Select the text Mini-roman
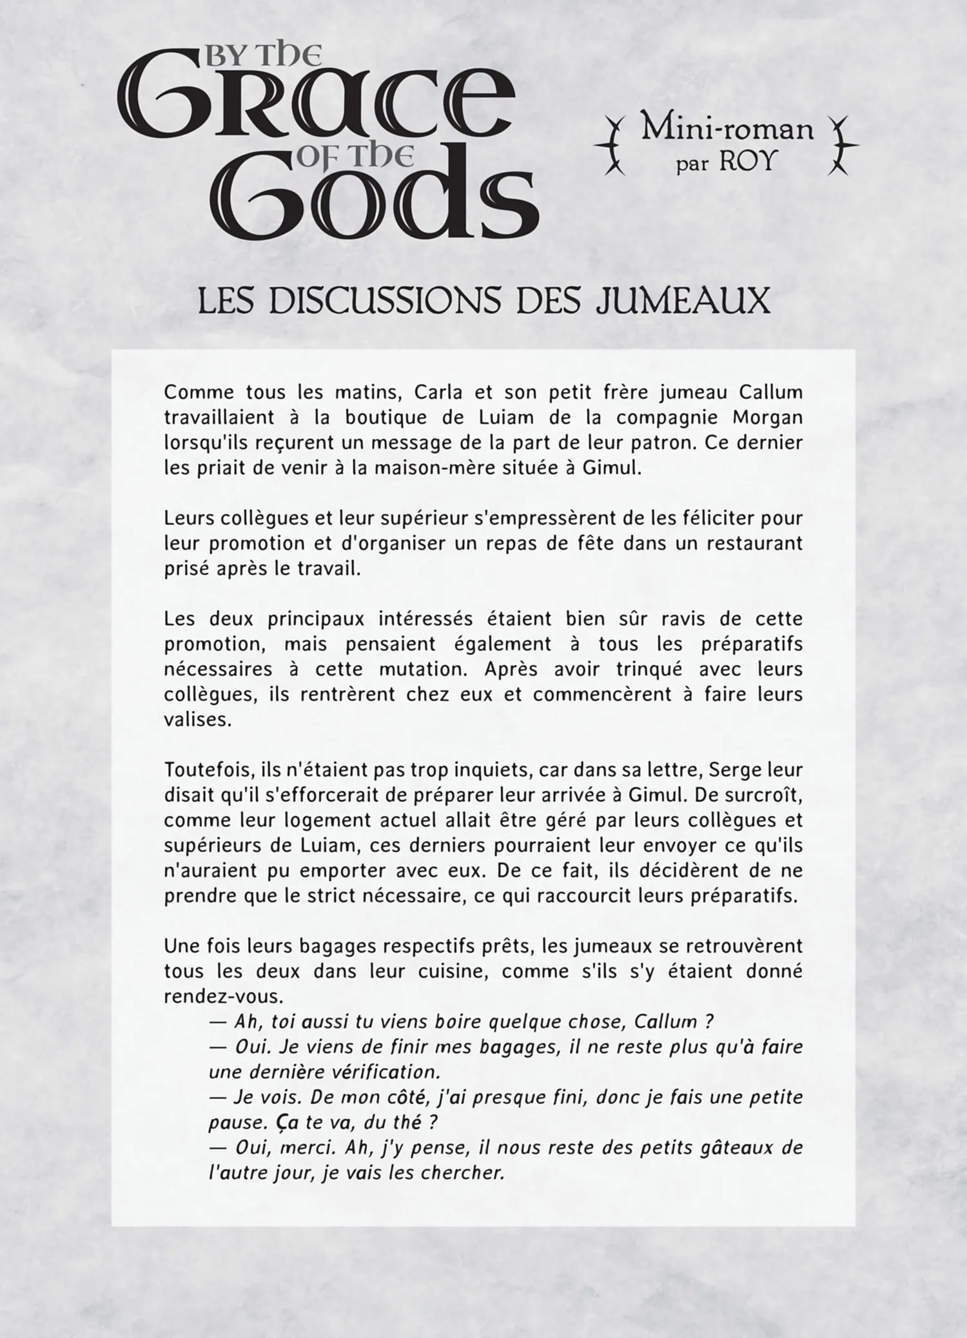(727, 130)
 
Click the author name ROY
(746, 161)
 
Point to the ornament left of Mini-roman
(614, 146)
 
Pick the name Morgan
(767, 418)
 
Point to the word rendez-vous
(223, 996)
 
